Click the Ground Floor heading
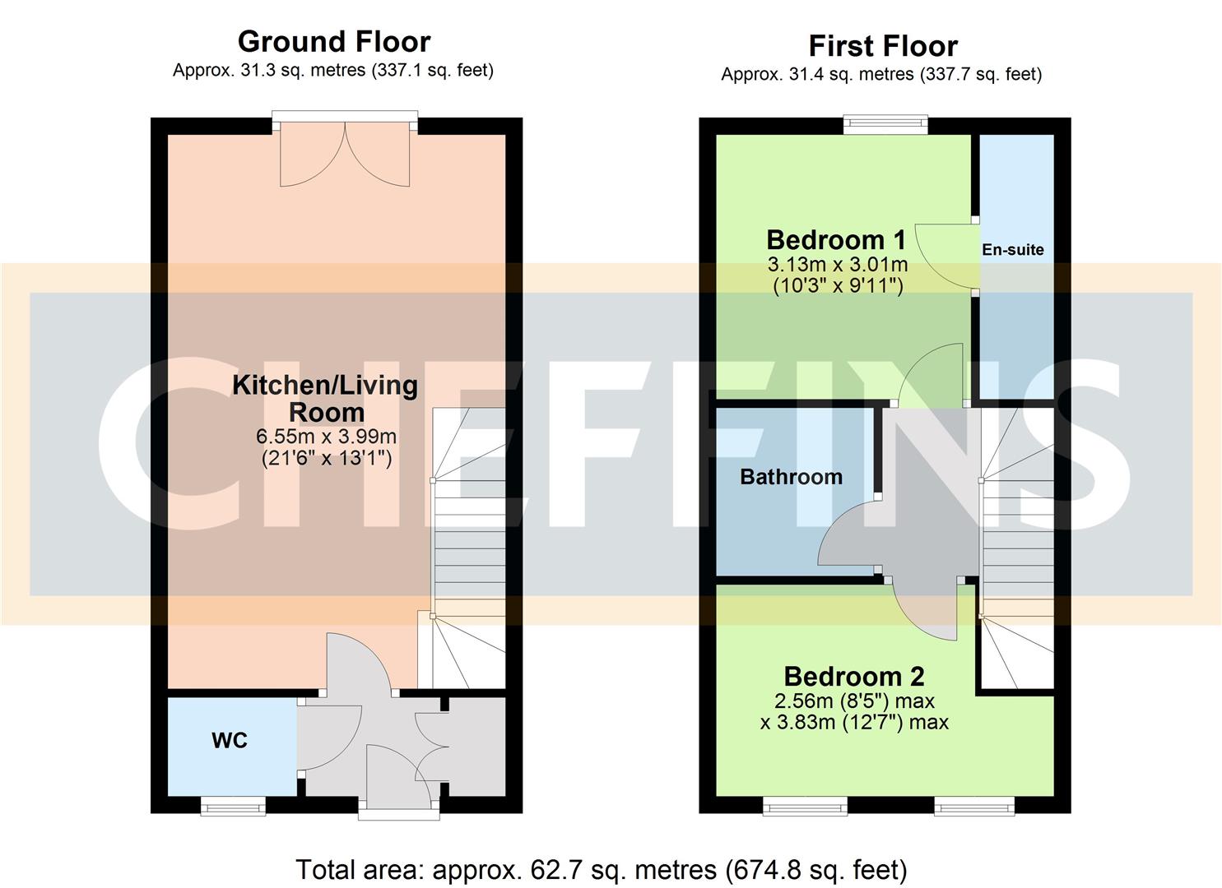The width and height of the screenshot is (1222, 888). (333, 41)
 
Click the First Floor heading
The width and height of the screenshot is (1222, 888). (882, 45)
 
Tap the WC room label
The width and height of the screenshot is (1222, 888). (230, 741)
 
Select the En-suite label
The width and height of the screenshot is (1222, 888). (1012, 250)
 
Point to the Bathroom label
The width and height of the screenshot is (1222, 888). (791, 477)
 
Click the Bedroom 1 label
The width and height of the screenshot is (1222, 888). (836, 240)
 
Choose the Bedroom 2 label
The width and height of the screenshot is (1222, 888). (853, 677)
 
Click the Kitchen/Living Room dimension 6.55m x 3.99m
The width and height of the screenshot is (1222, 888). (326, 437)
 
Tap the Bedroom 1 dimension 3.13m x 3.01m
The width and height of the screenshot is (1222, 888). (837, 265)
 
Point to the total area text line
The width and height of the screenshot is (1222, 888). (601, 869)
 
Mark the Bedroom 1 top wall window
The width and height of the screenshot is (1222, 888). (885, 125)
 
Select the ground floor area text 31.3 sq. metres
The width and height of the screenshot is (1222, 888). (333, 71)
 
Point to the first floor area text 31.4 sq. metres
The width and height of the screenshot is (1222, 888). (881, 75)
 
